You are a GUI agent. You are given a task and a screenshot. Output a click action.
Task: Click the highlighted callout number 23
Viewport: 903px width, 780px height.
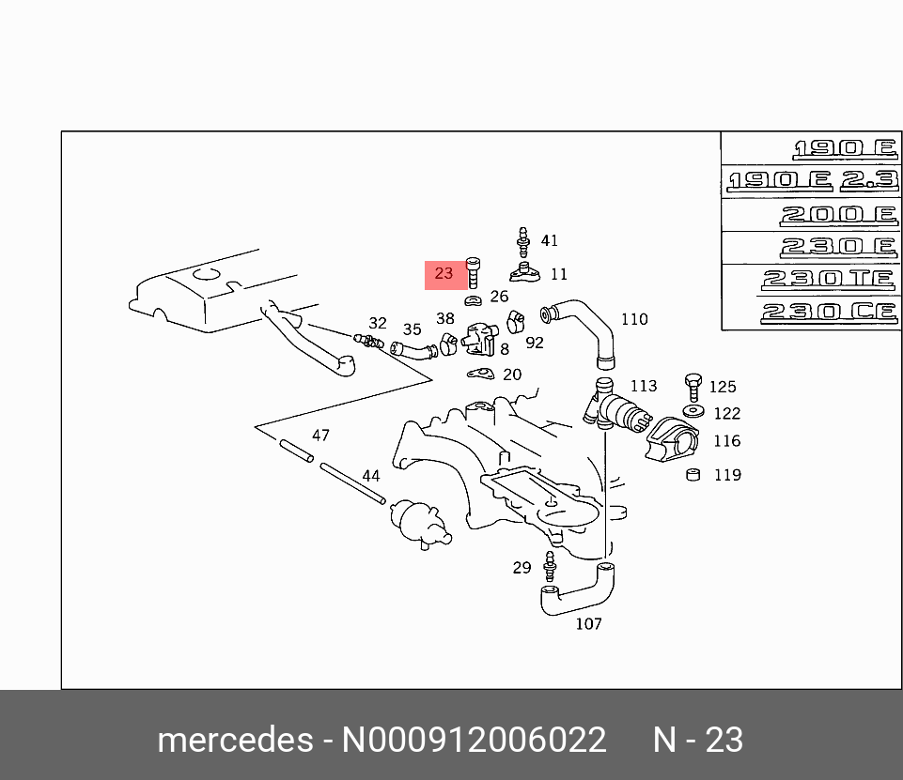[444, 274]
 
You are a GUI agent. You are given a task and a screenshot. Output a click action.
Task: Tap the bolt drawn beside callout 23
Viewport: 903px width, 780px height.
[474, 273]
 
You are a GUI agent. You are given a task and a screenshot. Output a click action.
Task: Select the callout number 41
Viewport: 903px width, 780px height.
[550, 240]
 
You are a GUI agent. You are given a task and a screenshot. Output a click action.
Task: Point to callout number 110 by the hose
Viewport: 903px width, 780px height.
[634, 319]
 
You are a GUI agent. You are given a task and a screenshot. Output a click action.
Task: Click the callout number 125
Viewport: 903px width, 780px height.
[723, 387]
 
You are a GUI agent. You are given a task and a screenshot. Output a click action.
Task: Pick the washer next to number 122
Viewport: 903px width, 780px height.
[694, 412]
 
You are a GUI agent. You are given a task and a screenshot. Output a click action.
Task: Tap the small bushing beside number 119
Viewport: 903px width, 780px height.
[693, 474]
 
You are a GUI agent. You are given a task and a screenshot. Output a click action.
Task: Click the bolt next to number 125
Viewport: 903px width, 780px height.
[693, 385]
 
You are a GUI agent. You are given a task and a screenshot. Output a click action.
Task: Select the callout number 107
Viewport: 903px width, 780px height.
[588, 623]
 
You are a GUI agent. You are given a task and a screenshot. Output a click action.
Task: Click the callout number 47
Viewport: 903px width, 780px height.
[320, 436]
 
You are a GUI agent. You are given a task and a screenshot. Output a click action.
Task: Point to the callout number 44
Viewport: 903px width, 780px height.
[371, 476]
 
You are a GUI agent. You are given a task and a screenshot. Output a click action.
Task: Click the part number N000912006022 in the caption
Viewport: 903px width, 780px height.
[474, 740]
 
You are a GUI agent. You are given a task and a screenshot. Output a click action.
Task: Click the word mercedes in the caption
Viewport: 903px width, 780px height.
[234, 740]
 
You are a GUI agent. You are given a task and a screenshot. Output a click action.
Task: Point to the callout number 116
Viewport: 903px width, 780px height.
[726, 441]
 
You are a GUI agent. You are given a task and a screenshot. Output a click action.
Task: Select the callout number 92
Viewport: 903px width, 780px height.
[535, 344]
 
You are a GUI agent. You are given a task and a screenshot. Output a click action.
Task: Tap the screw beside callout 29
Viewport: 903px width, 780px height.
[551, 567]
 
